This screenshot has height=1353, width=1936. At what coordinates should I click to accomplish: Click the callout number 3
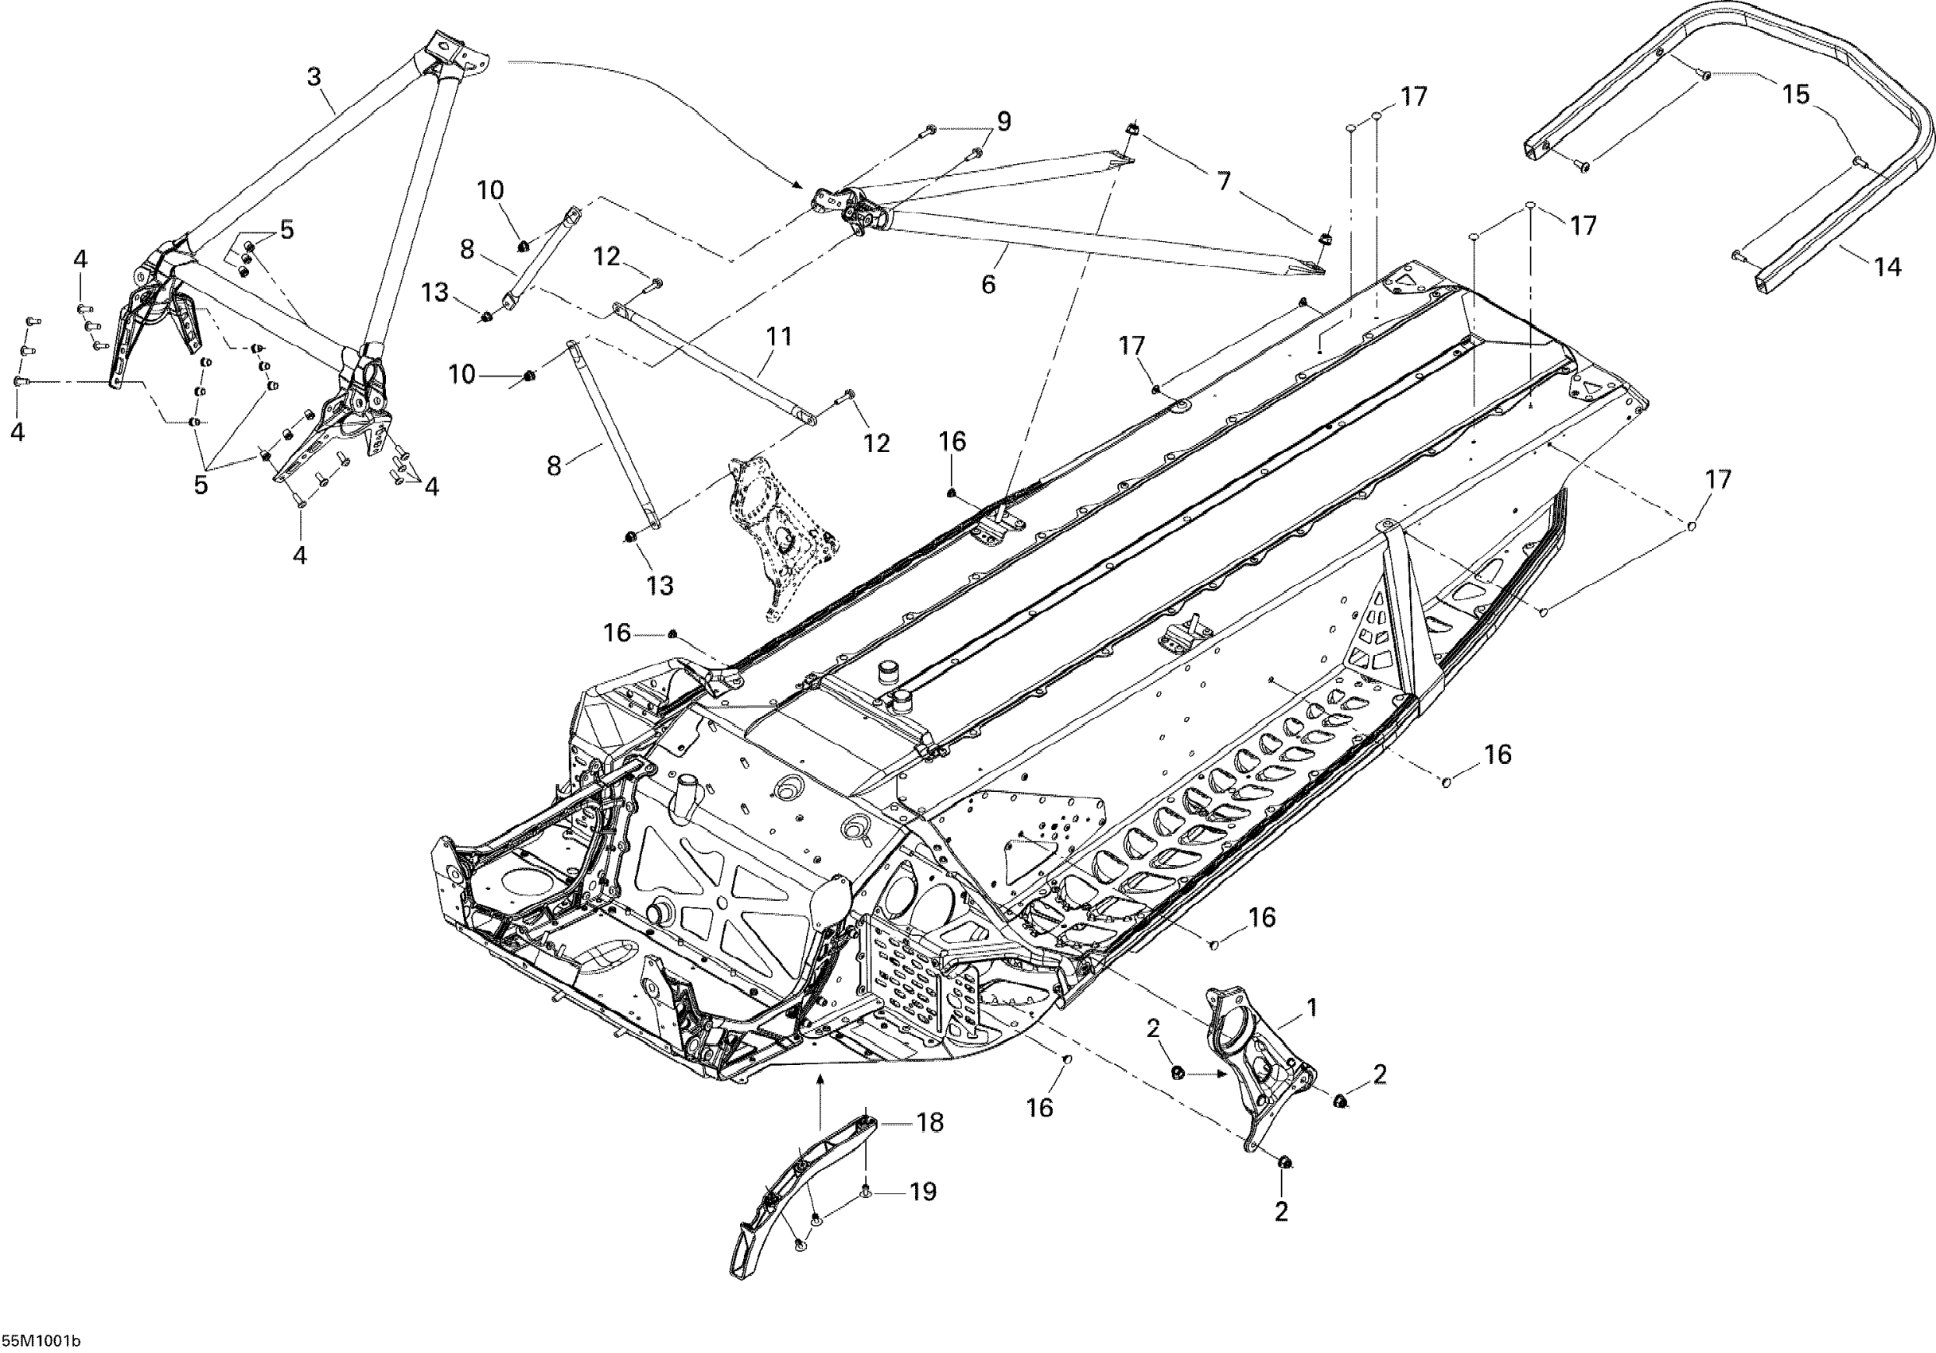click(314, 78)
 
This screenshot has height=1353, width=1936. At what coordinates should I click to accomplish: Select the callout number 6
click(988, 284)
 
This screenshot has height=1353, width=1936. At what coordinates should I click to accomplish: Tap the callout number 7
click(1224, 181)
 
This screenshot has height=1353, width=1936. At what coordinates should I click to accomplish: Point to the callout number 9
click(1003, 122)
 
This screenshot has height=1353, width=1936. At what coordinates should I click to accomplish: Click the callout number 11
click(778, 337)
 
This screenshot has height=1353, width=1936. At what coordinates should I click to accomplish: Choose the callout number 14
click(1887, 267)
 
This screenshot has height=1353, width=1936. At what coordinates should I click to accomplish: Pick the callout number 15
click(1796, 95)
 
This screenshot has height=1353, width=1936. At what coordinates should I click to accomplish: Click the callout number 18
click(930, 1123)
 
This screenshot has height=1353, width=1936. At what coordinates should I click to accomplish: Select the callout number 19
click(923, 1191)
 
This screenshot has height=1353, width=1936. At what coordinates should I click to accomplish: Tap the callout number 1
click(1312, 1006)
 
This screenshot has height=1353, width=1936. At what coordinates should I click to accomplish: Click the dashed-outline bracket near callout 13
click(780, 532)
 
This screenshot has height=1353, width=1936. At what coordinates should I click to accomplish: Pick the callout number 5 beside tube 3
click(287, 229)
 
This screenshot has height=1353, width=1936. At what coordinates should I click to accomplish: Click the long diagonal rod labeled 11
click(717, 363)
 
